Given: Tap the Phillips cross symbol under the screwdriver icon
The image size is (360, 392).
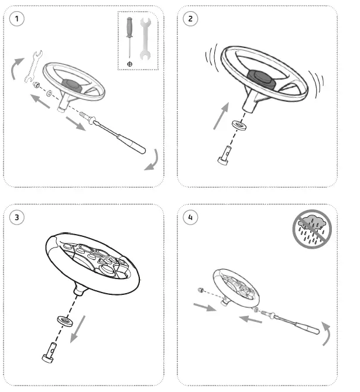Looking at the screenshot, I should tap(129, 63).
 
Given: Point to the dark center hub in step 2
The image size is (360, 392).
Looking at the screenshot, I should tap(259, 76).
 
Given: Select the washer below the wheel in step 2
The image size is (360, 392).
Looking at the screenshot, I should tap(238, 125).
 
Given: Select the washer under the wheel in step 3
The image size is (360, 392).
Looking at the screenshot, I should tap(64, 321).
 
